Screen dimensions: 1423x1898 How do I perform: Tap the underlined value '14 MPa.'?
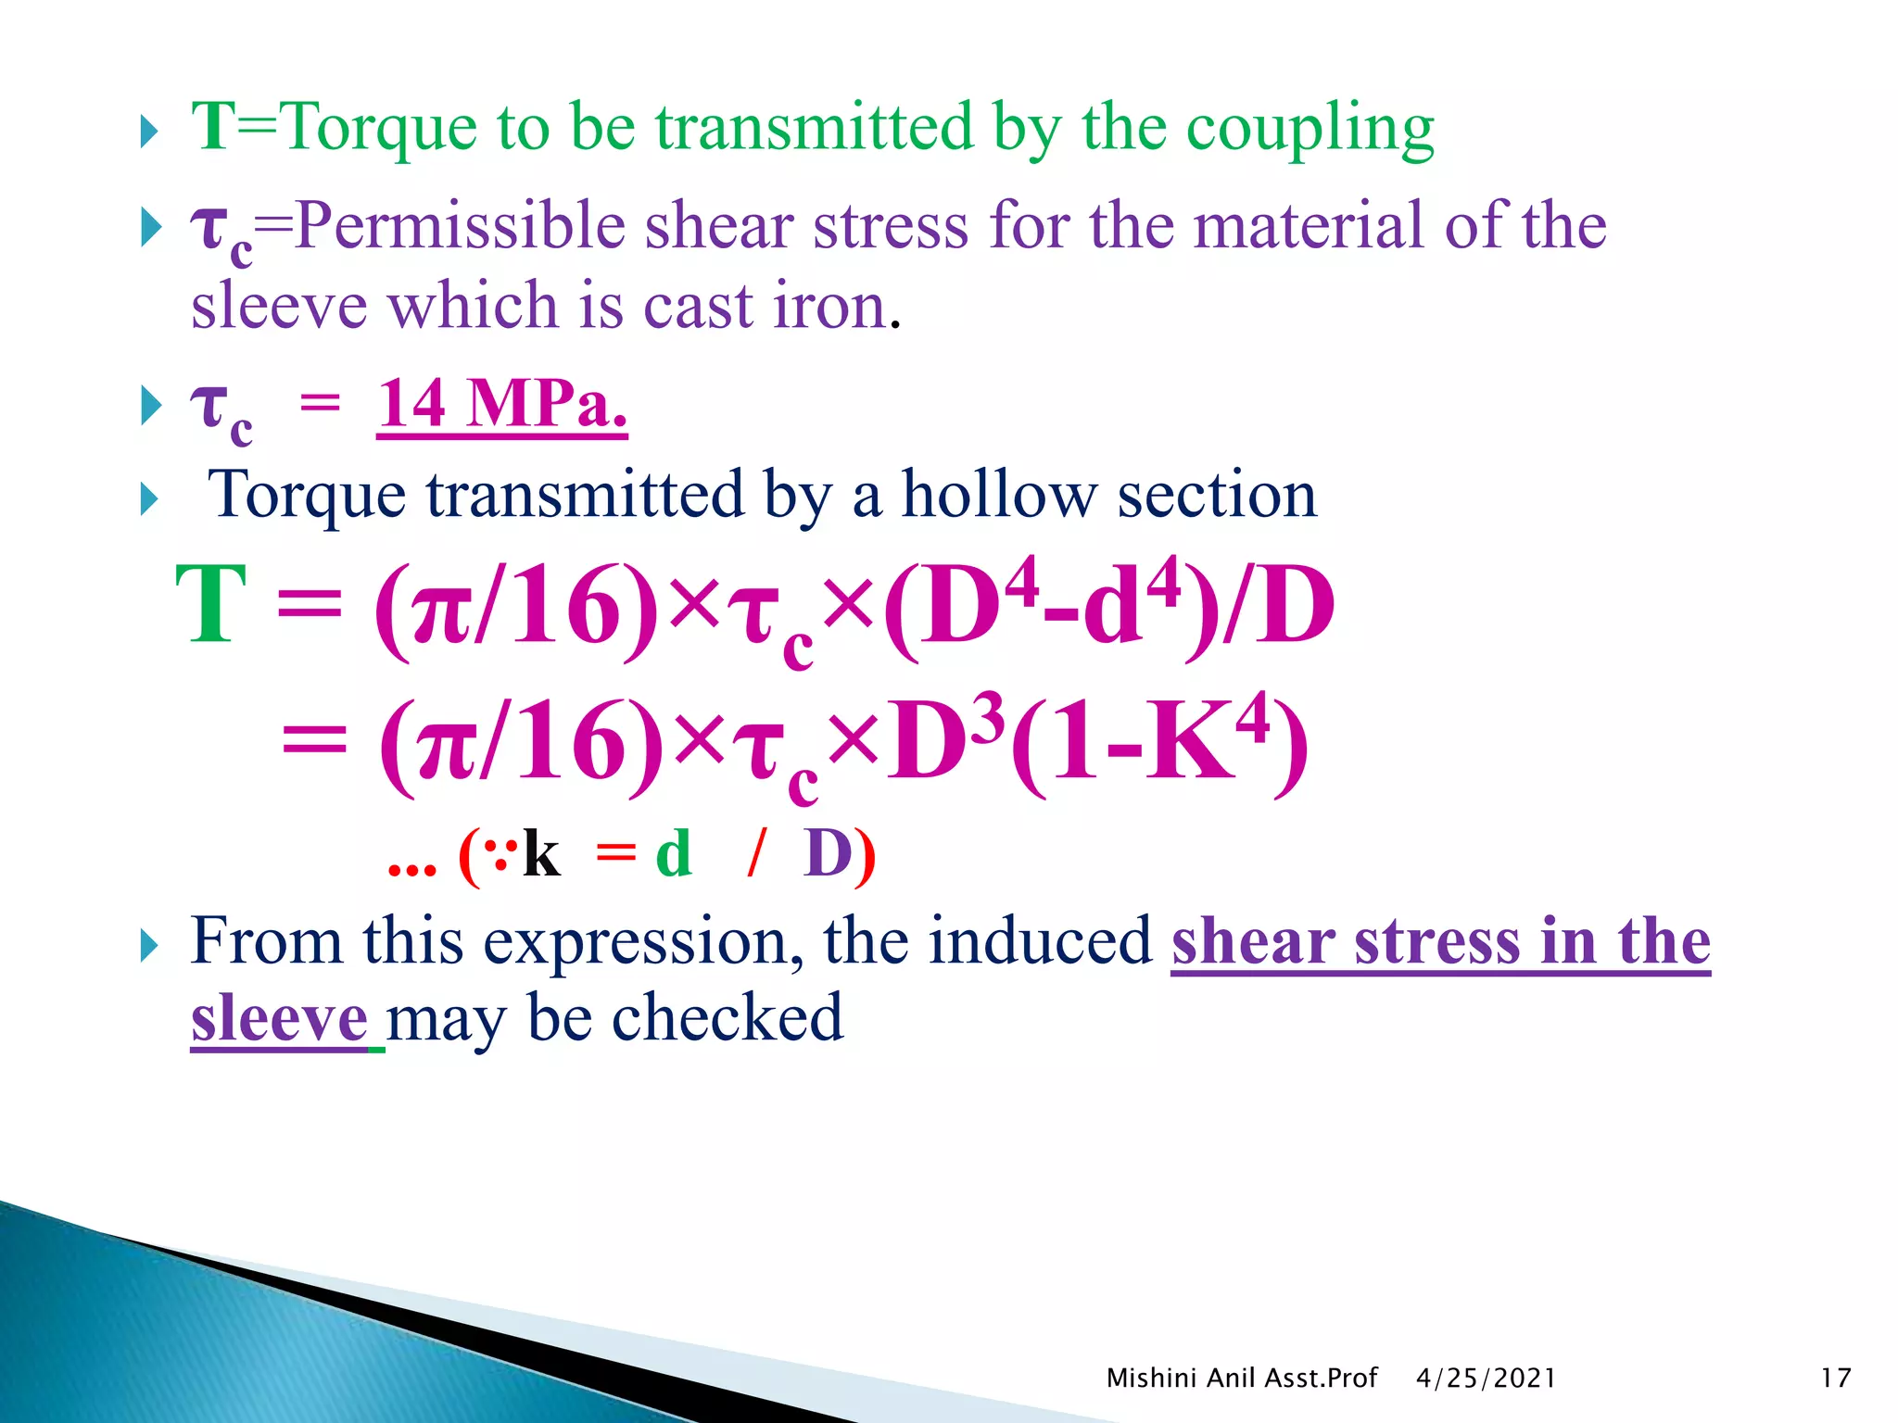point(501,404)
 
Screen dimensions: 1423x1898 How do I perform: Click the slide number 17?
point(1835,1378)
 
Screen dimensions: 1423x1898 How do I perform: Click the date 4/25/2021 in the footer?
point(1486,1378)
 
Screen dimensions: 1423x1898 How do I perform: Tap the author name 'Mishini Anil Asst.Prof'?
point(1241,1378)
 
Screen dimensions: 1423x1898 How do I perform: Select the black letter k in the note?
point(541,853)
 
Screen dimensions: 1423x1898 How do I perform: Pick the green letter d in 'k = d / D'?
point(674,853)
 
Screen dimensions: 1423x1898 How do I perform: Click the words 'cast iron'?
point(766,307)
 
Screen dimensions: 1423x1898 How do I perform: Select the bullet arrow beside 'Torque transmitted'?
point(149,499)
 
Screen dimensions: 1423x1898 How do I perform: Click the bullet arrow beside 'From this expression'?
point(149,946)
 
